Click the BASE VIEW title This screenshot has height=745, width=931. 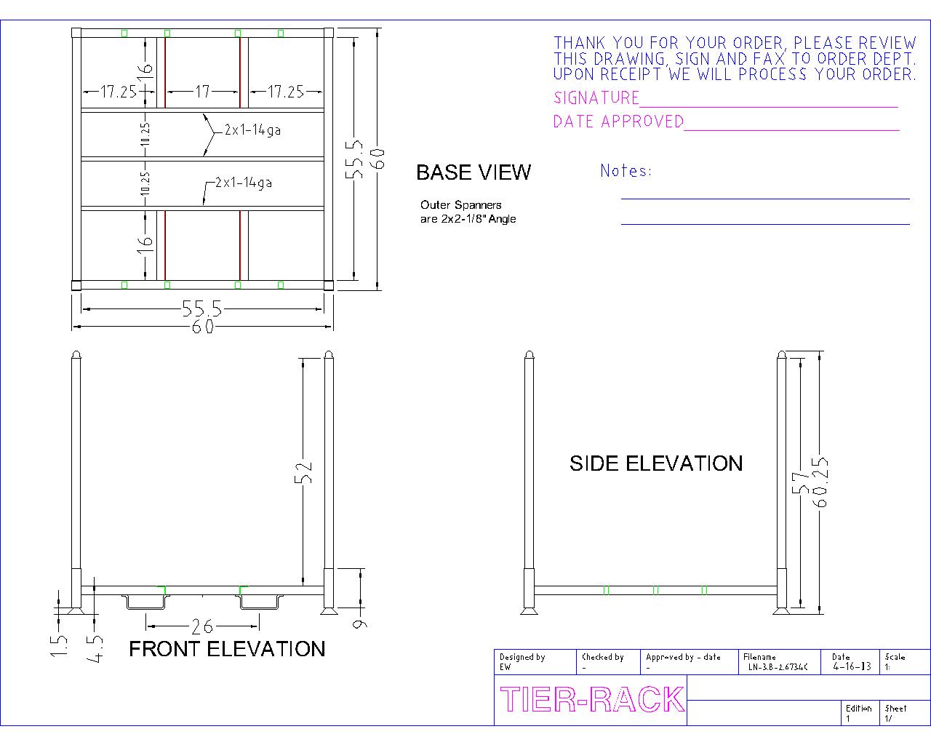(474, 172)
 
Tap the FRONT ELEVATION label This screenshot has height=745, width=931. (227, 649)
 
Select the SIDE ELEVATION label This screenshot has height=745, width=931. (656, 464)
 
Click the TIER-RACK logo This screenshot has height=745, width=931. (592, 699)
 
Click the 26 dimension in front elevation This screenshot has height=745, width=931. (202, 626)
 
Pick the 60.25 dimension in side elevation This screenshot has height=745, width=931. (820, 482)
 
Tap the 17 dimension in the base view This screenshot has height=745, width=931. (203, 92)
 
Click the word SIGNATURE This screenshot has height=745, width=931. (596, 98)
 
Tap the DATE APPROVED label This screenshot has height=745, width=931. (618, 121)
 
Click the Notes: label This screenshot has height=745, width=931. (626, 171)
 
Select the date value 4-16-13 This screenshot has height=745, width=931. (852, 666)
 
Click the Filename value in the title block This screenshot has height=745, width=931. (778, 667)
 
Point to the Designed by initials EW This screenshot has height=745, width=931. (506, 667)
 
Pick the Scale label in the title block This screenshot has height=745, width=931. (895, 657)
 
